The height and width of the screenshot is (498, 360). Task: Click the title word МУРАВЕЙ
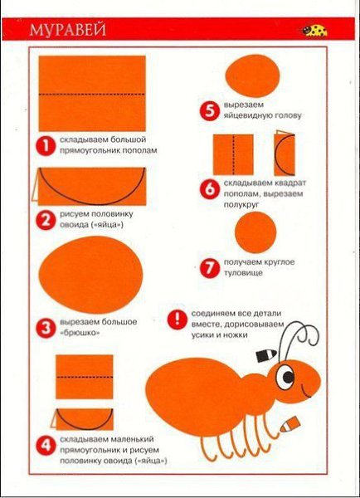click(x=68, y=30)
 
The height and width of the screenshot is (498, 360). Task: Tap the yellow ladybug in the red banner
click(x=314, y=31)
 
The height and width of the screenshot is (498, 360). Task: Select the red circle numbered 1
click(x=46, y=146)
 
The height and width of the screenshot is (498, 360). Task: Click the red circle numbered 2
click(x=46, y=220)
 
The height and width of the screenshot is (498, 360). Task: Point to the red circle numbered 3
click(x=46, y=328)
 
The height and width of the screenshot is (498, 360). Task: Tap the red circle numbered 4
click(x=46, y=445)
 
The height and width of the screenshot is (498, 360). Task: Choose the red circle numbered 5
click(x=210, y=111)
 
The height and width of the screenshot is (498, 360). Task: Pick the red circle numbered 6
click(x=210, y=189)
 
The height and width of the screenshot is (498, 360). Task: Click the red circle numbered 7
click(x=210, y=268)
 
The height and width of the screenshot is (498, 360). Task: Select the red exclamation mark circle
click(x=178, y=320)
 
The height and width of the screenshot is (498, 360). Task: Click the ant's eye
click(x=285, y=377)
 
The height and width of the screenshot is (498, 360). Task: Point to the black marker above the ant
click(x=266, y=355)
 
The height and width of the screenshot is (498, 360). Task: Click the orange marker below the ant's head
click(x=289, y=424)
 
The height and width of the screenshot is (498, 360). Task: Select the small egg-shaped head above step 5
click(x=253, y=76)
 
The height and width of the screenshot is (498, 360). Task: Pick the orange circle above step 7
click(x=255, y=232)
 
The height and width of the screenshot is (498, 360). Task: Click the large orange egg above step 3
click(x=91, y=275)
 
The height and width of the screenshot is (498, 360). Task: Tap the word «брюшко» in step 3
click(x=80, y=333)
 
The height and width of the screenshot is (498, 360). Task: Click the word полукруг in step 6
click(x=241, y=204)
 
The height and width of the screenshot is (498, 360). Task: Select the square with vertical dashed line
click(x=233, y=154)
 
